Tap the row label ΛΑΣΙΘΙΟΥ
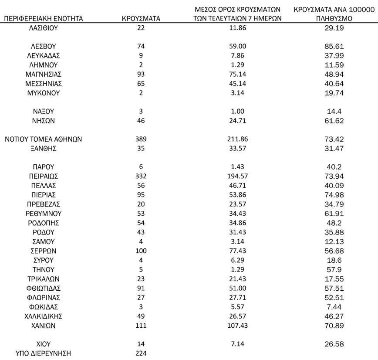pos(43,27)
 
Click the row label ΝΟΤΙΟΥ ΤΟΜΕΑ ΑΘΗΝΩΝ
pos(43,139)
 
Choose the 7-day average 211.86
pos(237,139)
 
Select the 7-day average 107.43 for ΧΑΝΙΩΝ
pos(237,326)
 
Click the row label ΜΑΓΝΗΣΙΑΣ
pos(43,74)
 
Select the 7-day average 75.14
pos(237,74)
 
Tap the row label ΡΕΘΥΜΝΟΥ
pos(43,214)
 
